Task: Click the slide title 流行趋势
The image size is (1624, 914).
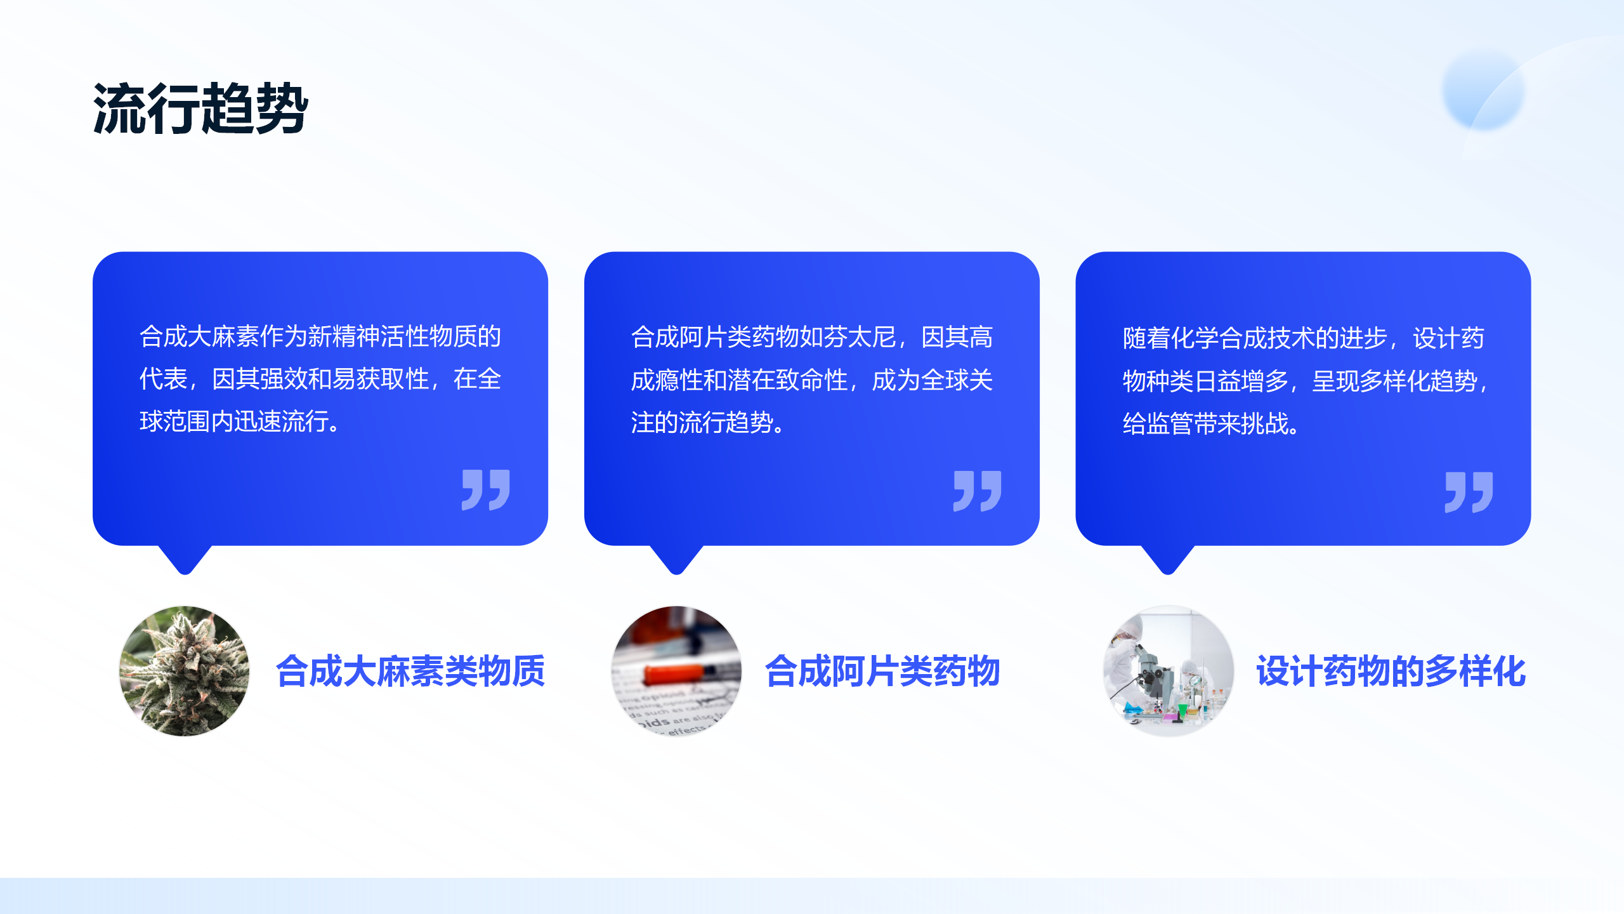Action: click(x=200, y=109)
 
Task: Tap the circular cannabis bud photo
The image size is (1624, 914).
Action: click(x=185, y=671)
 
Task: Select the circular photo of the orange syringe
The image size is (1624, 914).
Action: click(x=676, y=671)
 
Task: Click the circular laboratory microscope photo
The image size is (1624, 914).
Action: click(x=1168, y=671)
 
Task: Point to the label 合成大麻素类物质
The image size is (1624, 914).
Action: click(x=410, y=671)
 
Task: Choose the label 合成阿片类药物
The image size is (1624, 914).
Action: click(x=882, y=671)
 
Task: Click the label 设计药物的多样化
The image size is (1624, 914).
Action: click(x=1391, y=671)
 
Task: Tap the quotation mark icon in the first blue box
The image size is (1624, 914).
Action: click(x=486, y=489)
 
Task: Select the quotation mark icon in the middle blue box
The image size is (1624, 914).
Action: click(x=978, y=491)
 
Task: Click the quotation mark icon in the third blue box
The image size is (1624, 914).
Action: click(x=1469, y=492)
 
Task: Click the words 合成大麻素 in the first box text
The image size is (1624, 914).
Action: click(x=199, y=336)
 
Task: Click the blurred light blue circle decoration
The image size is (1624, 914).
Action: click(x=1483, y=90)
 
